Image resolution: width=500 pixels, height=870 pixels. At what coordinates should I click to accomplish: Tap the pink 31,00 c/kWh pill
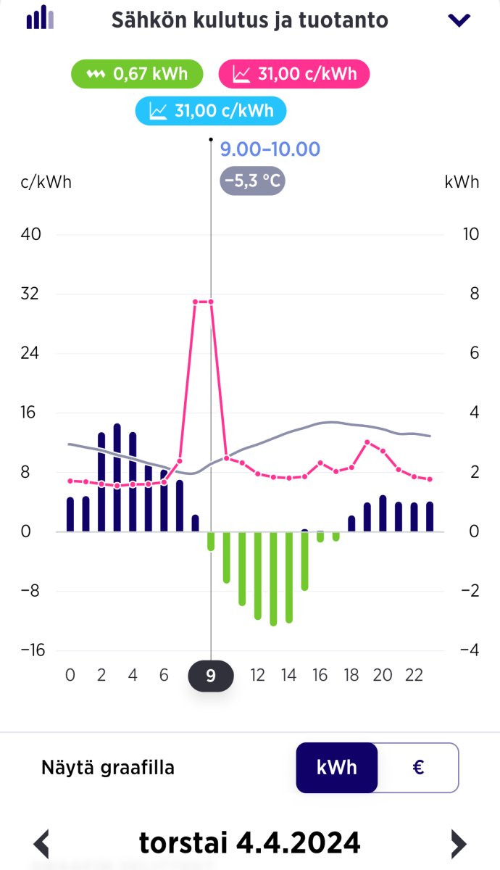click(294, 74)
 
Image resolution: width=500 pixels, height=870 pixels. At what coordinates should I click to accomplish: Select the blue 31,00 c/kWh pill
click(211, 111)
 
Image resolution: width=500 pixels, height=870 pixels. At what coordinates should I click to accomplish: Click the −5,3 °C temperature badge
click(252, 181)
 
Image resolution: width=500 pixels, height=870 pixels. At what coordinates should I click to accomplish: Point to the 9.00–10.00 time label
click(270, 149)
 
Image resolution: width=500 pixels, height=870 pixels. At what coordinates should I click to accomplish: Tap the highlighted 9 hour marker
click(211, 676)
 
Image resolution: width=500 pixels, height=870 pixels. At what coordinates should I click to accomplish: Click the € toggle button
click(418, 767)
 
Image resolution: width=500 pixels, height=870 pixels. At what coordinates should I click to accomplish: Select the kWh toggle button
click(337, 767)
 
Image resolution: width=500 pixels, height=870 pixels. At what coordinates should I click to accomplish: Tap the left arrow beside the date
click(42, 844)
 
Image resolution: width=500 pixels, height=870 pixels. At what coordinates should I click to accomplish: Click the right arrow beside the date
click(458, 844)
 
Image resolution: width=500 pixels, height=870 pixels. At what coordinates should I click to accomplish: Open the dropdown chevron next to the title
click(459, 20)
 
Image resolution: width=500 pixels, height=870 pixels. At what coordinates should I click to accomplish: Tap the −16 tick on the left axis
click(32, 650)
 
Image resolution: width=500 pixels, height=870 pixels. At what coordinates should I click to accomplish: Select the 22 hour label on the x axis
click(414, 676)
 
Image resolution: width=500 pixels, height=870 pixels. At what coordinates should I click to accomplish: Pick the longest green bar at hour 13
click(273, 578)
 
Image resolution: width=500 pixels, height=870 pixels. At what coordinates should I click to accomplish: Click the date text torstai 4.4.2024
click(249, 843)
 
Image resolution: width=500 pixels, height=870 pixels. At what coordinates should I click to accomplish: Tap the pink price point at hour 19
click(367, 442)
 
